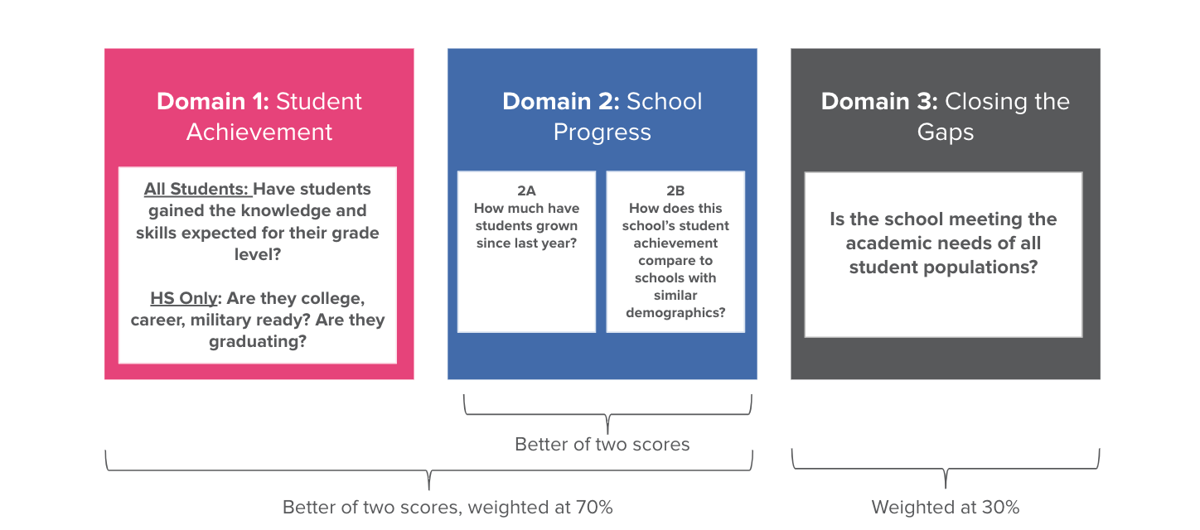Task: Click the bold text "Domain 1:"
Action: tap(213, 102)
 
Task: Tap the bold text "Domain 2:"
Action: tap(560, 102)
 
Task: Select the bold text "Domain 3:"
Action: tap(879, 102)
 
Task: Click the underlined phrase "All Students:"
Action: tap(197, 190)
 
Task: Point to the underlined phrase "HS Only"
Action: tap(183, 297)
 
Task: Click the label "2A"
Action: tap(526, 190)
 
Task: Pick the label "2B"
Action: tap(675, 190)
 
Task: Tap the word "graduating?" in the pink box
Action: tap(258, 340)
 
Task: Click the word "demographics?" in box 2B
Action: tap(675, 313)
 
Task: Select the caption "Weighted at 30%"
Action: tap(946, 507)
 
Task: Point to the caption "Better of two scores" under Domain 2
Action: tap(602, 445)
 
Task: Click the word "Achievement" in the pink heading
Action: tap(259, 132)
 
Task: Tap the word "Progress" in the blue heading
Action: tap(602, 132)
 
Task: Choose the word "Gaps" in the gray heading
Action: tap(946, 132)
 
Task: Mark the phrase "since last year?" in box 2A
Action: tap(526, 243)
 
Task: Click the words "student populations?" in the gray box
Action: tap(943, 267)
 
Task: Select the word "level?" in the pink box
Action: tap(258, 254)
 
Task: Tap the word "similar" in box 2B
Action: tap(675, 296)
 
